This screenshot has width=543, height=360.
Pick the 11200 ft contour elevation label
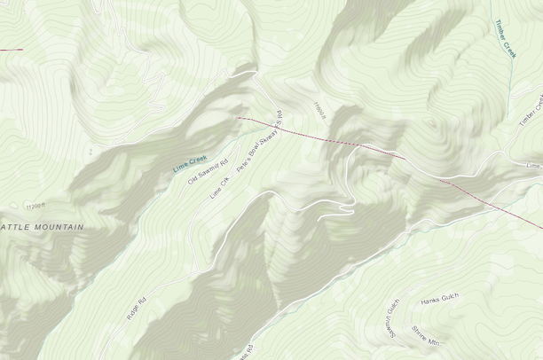point(35,206)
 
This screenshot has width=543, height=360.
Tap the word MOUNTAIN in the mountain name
point(59,227)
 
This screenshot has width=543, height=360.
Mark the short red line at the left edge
point(11,50)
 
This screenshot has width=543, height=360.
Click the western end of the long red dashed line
point(238,116)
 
